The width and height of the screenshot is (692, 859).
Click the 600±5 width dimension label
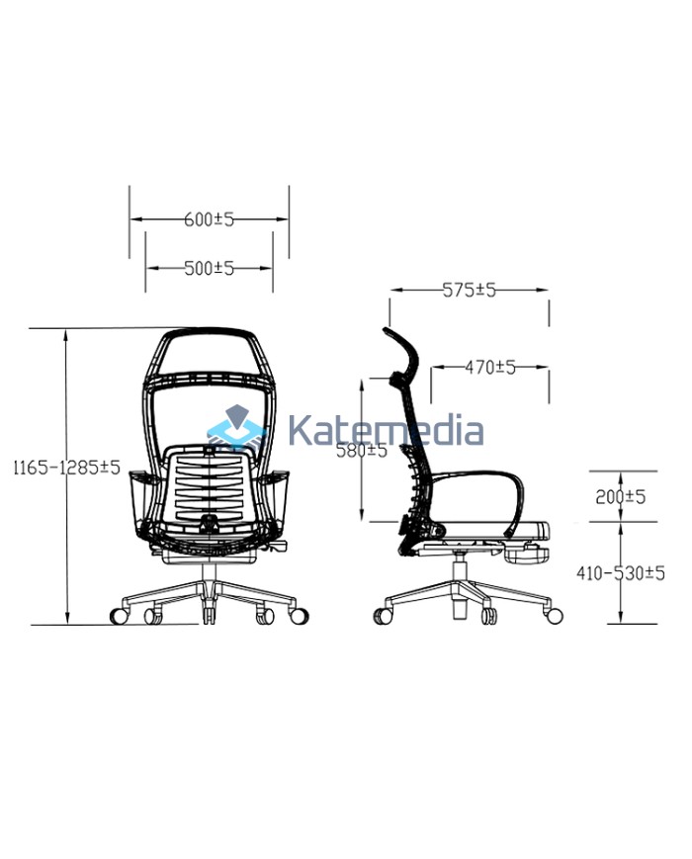[x=209, y=220]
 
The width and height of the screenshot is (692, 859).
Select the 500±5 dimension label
[x=209, y=268]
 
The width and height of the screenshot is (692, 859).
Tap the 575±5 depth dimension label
[x=469, y=291]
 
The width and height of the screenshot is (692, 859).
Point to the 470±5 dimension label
[x=491, y=368]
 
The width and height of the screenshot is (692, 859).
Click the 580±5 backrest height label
[x=361, y=451]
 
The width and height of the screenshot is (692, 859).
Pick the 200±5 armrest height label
[x=621, y=496]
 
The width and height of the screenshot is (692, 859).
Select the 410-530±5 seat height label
[x=621, y=573]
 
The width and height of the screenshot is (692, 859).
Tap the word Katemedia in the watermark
[x=386, y=431]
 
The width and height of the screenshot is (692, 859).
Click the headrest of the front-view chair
[x=209, y=351]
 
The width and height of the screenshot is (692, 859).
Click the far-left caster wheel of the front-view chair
[x=119, y=615]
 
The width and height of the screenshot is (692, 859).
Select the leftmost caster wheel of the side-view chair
[x=382, y=616]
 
